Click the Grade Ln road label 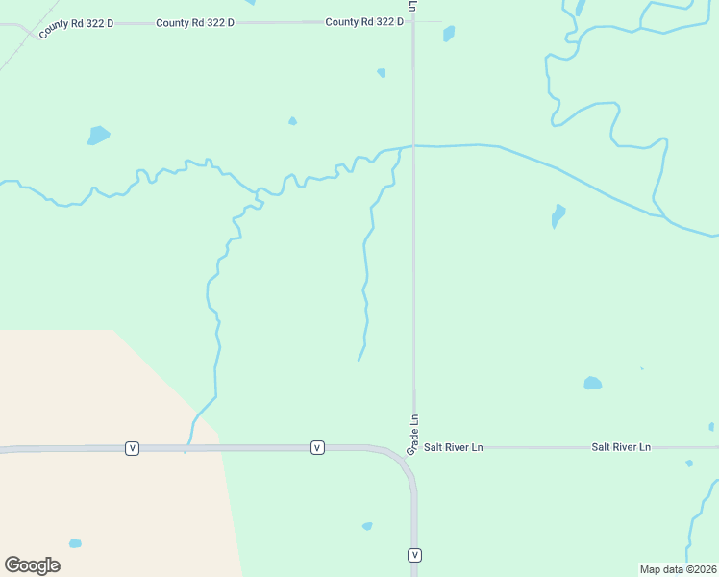coord(413,435)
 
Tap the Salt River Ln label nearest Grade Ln coord(454,448)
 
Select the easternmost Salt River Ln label coord(621,448)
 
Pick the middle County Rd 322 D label coord(195,22)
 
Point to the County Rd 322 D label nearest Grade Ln coord(363,22)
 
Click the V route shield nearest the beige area coord(133,448)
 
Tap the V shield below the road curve coord(414,555)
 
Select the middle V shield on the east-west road coord(316,448)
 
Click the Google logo coord(32,565)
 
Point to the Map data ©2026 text coord(679,569)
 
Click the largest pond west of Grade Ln coord(98,135)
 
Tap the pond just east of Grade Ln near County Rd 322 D coord(449,34)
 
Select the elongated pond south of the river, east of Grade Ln coord(558,215)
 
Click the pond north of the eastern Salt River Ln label coord(592,383)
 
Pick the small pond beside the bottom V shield coord(367,526)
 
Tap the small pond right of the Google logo coord(75,543)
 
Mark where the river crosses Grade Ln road coord(413,146)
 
